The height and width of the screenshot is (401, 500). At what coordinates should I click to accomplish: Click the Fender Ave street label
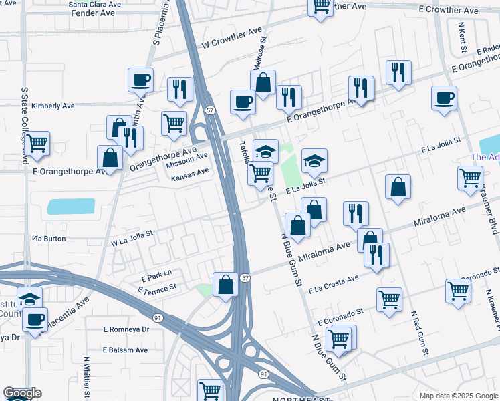click(x=93, y=13)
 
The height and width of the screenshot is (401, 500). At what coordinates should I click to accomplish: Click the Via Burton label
click(x=49, y=237)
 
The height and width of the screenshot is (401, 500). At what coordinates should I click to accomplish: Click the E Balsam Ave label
click(x=125, y=350)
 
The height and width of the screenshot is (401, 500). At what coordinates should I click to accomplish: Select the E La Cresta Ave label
click(x=334, y=284)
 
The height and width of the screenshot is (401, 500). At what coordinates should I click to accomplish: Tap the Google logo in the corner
click(x=22, y=393)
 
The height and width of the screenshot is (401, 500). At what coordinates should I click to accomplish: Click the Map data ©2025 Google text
click(x=459, y=396)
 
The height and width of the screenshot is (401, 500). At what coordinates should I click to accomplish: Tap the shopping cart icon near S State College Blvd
click(x=37, y=142)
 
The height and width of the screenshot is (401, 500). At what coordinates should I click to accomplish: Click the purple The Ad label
click(x=485, y=158)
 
